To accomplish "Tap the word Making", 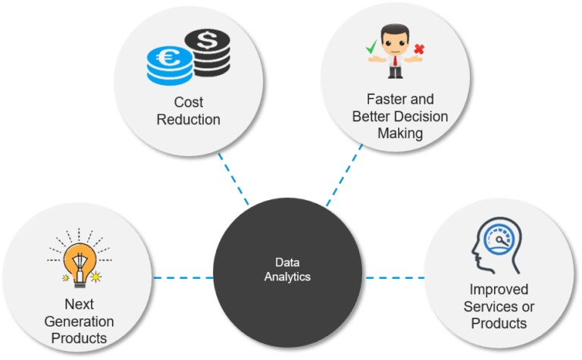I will coord(399,133).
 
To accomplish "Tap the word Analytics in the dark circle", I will coord(287,277).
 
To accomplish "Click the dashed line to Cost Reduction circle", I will coord(233,180).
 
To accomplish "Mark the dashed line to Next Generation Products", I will coord(182,277).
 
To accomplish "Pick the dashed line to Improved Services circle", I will coord(394,277).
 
